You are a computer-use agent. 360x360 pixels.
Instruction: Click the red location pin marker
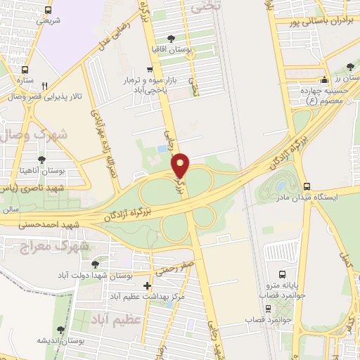click(x=181, y=165)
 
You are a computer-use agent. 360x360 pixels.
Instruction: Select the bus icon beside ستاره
click(x=25, y=70)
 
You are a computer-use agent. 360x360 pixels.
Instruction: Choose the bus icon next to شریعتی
click(x=48, y=11)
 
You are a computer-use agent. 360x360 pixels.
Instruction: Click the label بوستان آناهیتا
click(x=44, y=171)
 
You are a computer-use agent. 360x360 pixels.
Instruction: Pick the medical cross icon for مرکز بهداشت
click(x=147, y=285)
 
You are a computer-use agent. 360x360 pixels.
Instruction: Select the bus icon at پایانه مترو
click(x=283, y=274)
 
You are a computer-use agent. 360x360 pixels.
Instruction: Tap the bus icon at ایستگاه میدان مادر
click(x=307, y=187)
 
